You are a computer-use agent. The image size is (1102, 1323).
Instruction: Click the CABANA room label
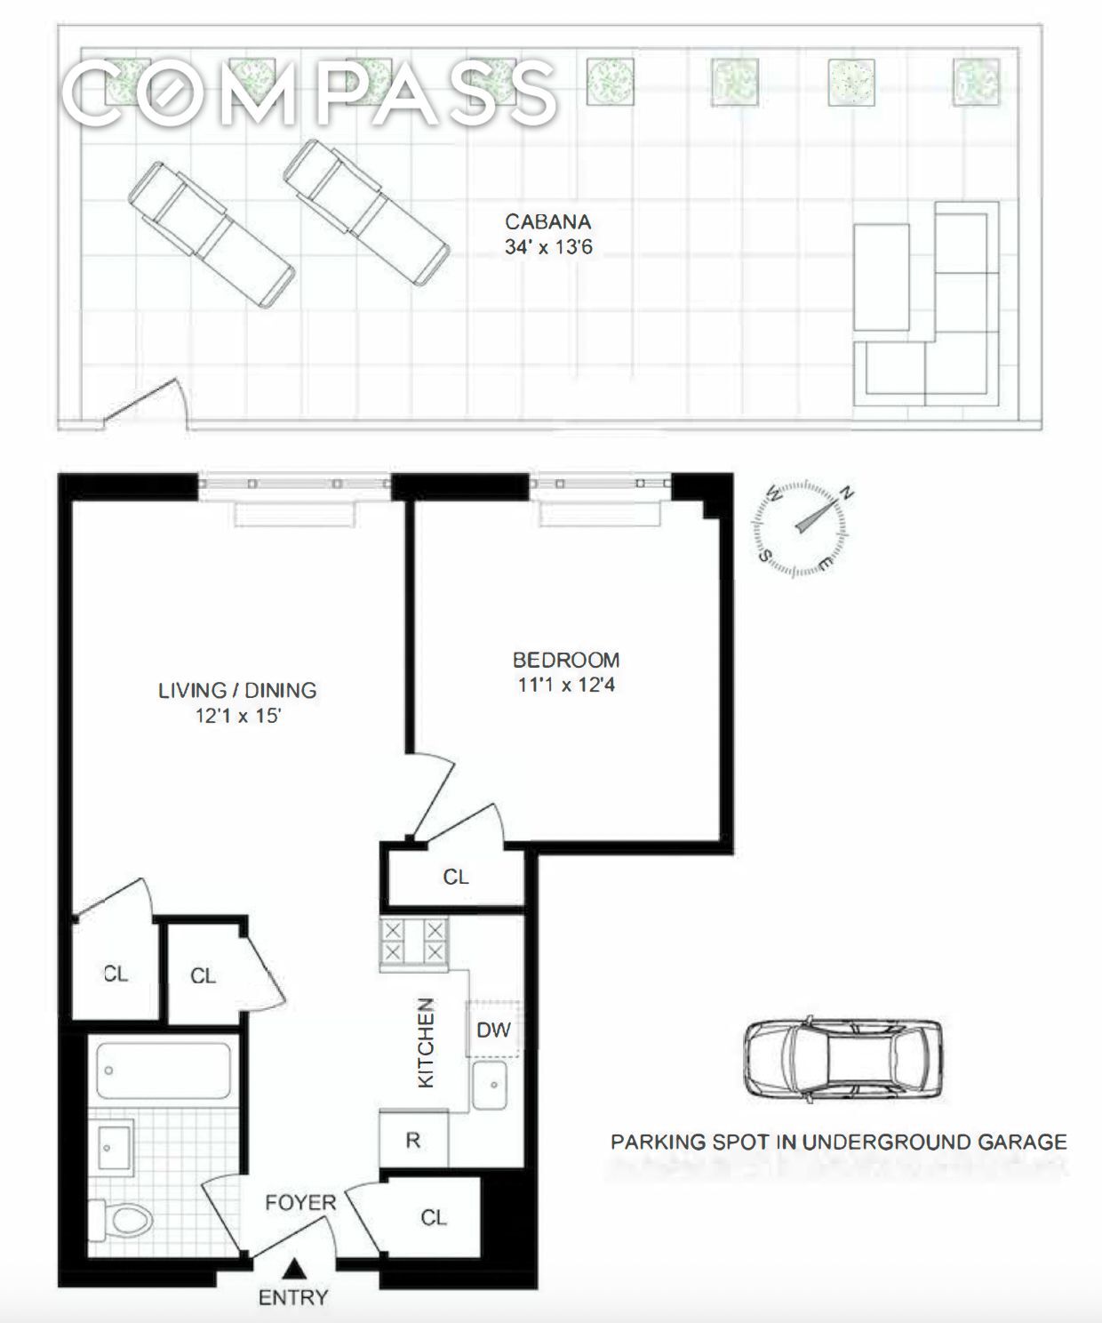pyautogui.click(x=547, y=221)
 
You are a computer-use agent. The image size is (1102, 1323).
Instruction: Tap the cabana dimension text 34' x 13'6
pyautogui.click(x=548, y=246)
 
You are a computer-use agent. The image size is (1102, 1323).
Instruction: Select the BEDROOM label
pyautogui.click(x=566, y=661)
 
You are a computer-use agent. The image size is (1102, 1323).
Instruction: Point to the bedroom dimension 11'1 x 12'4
pyautogui.click(x=566, y=685)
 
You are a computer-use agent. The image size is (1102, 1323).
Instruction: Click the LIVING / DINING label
pyautogui.click(x=237, y=690)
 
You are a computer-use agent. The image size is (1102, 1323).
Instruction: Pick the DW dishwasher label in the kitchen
pyautogui.click(x=493, y=1030)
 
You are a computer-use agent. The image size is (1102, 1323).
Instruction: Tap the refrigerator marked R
pyautogui.click(x=413, y=1141)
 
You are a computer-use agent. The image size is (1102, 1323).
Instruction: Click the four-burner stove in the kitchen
pyautogui.click(x=413, y=942)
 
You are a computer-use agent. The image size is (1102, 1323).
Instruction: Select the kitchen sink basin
pyautogui.click(x=490, y=1086)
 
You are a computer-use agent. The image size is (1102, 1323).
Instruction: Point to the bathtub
pyautogui.click(x=164, y=1070)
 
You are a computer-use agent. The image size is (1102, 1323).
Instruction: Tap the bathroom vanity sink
pyautogui.click(x=111, y=1147)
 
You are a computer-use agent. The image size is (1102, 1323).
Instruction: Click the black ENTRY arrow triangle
pyautogui.click(x=294, y=1269)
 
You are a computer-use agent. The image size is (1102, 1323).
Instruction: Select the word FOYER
pyautogui.click(x=300, y=1203)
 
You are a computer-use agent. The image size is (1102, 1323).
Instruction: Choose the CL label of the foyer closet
pyautogui.click(x=434, y=1217)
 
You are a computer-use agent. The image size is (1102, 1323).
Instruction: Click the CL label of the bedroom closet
pyautogui.click(x=456, y=877)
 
